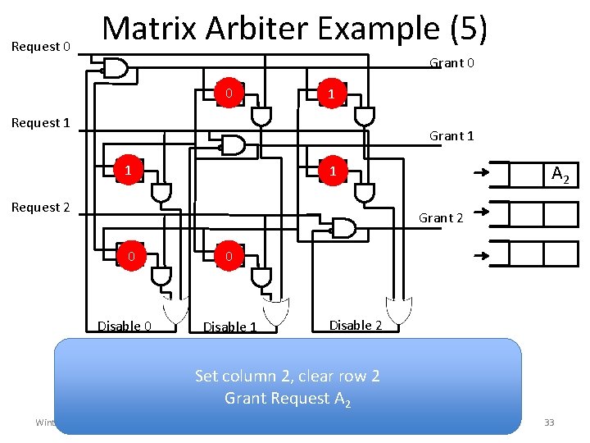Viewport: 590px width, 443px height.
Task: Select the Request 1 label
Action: (x=40, y=123)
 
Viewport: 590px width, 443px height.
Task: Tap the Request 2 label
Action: (x=40, y=208)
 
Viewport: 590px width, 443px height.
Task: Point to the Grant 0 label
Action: (x=452, y=63)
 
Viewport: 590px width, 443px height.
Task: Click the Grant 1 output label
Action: (x=452, y=136)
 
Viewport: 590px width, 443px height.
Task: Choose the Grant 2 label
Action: (x=441, y=217)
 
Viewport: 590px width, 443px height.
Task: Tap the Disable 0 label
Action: (x=125, y=327)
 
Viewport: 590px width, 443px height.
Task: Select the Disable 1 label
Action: (x=229, y=327)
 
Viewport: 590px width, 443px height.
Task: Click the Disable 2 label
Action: (x=356, y=325)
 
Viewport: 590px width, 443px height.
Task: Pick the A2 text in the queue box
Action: (x=560, y=174)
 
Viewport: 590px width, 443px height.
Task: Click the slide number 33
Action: (x=549, y=422)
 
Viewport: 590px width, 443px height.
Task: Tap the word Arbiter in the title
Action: (x=252, y=29)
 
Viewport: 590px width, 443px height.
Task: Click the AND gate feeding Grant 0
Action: (x=114, y=68)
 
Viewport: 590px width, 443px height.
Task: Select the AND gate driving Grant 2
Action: (x=341, y=226)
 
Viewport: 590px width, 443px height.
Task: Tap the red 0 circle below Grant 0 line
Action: (x=231, y=94)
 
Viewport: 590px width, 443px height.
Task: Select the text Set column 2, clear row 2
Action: (x=287, y=377)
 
